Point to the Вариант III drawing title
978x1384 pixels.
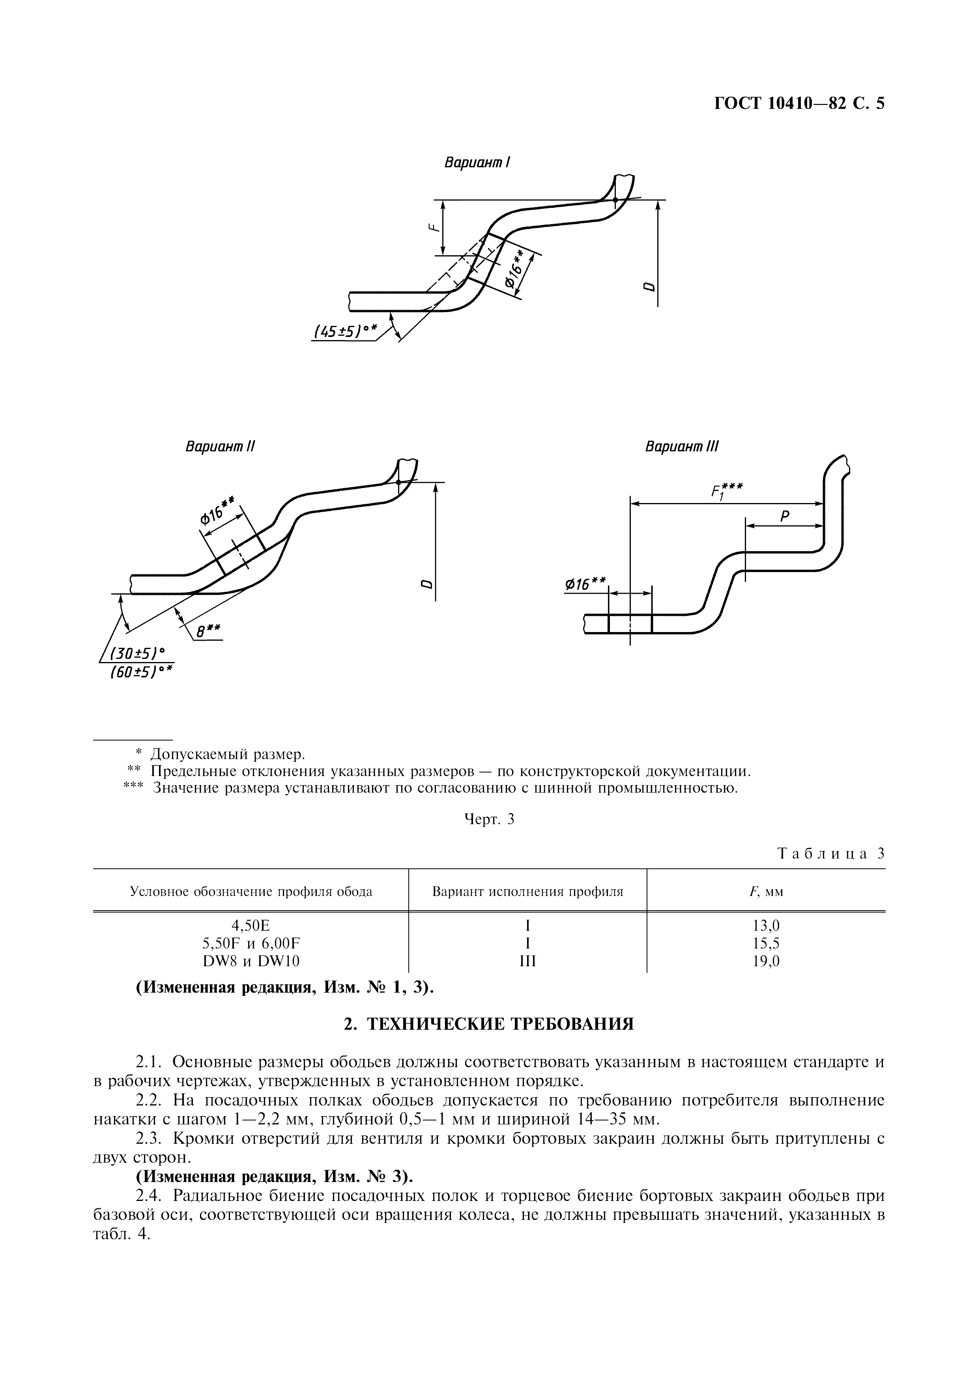coord(682,447)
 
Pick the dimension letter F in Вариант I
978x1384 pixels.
coord(432,228)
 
